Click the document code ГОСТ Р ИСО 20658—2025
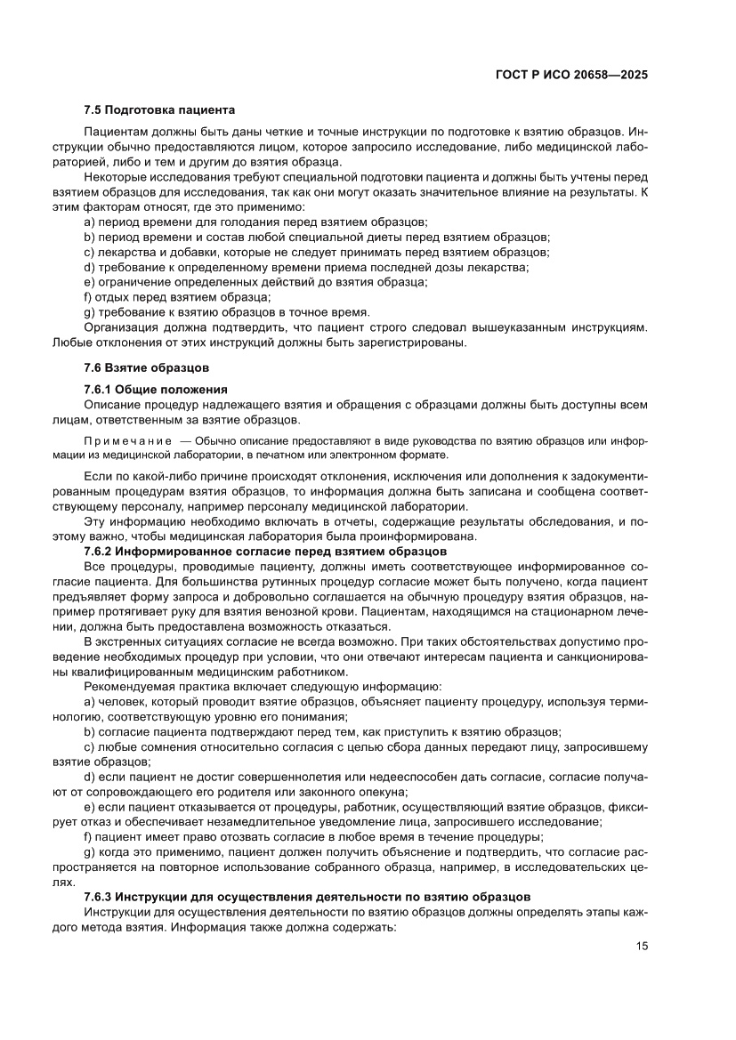click(x=570, y=76)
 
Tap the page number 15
click(x=641, y=946)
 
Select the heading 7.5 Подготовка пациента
click(x=159, y=110)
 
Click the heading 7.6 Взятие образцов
click(x=147, y=367)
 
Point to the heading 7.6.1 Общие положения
click(x=156, y=390)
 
